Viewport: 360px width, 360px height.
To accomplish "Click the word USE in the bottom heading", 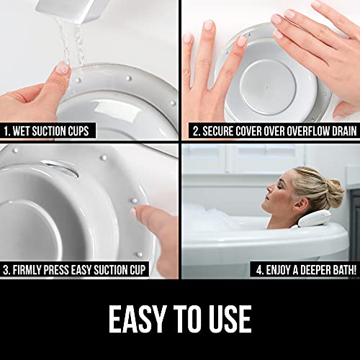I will (229, 319).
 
